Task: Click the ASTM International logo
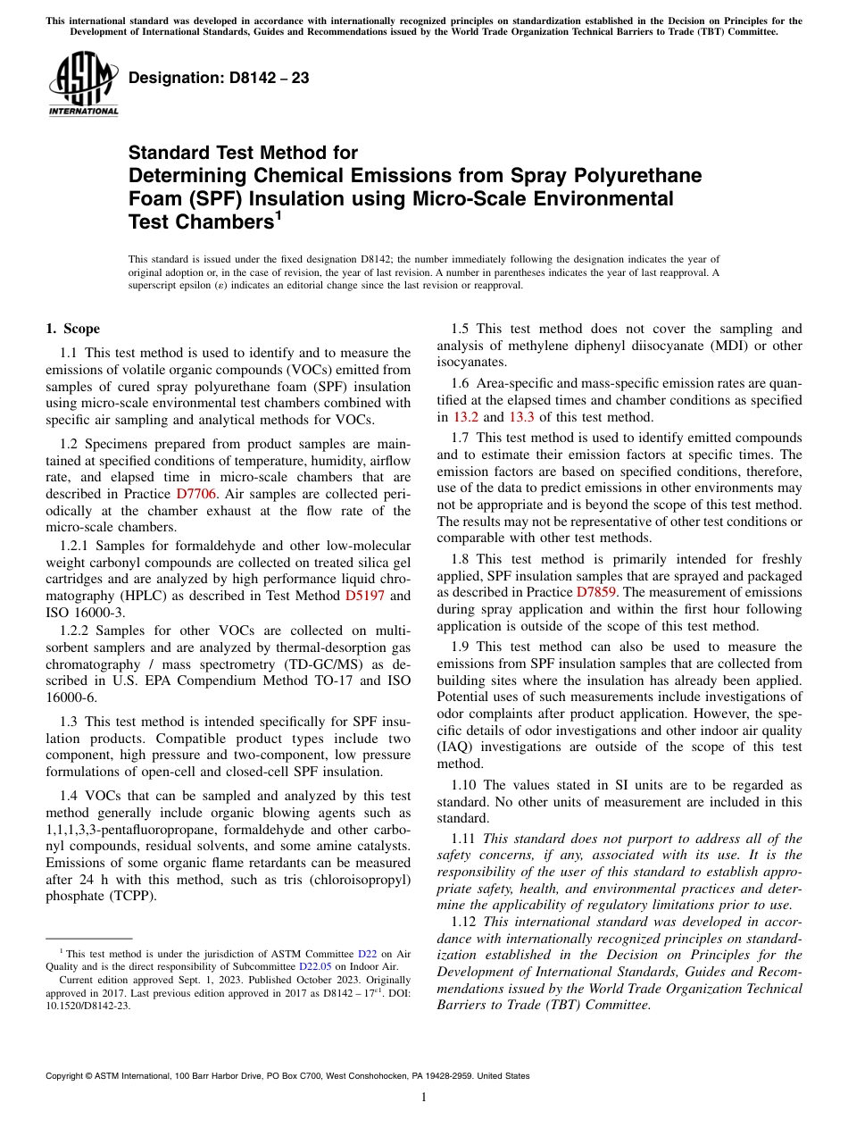click(x=83, y=84)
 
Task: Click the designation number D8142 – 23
click(x=219, y=78)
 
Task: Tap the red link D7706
click(x=195, y=493)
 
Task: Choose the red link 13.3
click(x=521, y=417)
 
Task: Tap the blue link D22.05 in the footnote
click(x=316, y=965)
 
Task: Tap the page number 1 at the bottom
click(x=424, y=1098)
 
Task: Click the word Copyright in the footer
click(x=68, y=1076)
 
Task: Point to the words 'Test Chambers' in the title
click(x=195, y=221)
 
